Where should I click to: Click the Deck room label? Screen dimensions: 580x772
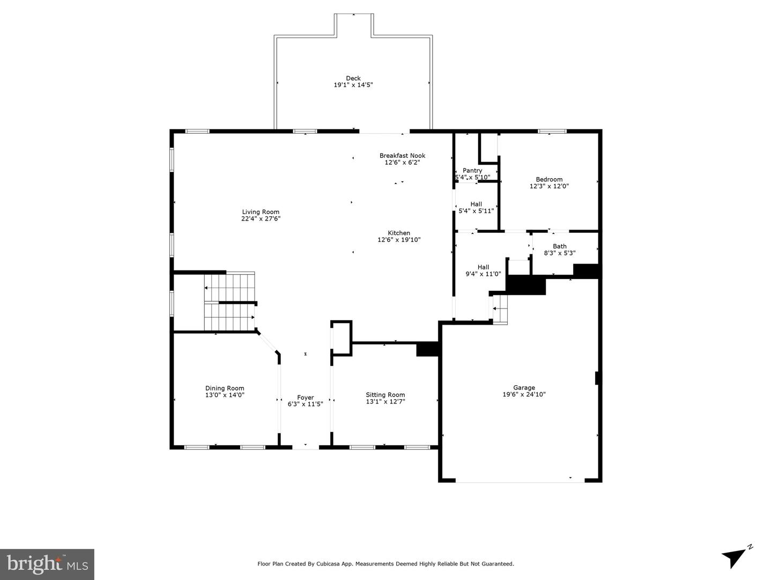[353, 78]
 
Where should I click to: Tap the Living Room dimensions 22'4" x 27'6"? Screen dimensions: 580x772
[261, 219]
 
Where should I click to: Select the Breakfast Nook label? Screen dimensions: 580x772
[402, 156]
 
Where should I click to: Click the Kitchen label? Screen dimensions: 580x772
[399, 233]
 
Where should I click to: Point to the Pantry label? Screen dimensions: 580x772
[472, 171]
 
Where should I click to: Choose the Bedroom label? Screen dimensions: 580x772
[549, 180]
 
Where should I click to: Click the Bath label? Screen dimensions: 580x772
[560, 246]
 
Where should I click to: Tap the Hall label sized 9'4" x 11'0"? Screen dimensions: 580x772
[483, 267]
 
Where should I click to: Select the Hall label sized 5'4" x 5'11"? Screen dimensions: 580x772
[476, 204]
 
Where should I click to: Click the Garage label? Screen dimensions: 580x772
[524, 387]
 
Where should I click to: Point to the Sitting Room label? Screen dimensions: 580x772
[385, 395]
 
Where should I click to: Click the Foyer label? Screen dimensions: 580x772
[305, 398]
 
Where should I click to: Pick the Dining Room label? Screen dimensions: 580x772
[225, 388]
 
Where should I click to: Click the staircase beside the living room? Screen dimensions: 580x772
[229, 302]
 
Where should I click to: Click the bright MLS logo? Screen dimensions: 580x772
[47, 564]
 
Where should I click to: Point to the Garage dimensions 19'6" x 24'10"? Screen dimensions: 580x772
[524, 394]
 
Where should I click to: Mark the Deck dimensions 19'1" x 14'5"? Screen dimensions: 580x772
[353, 85]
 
